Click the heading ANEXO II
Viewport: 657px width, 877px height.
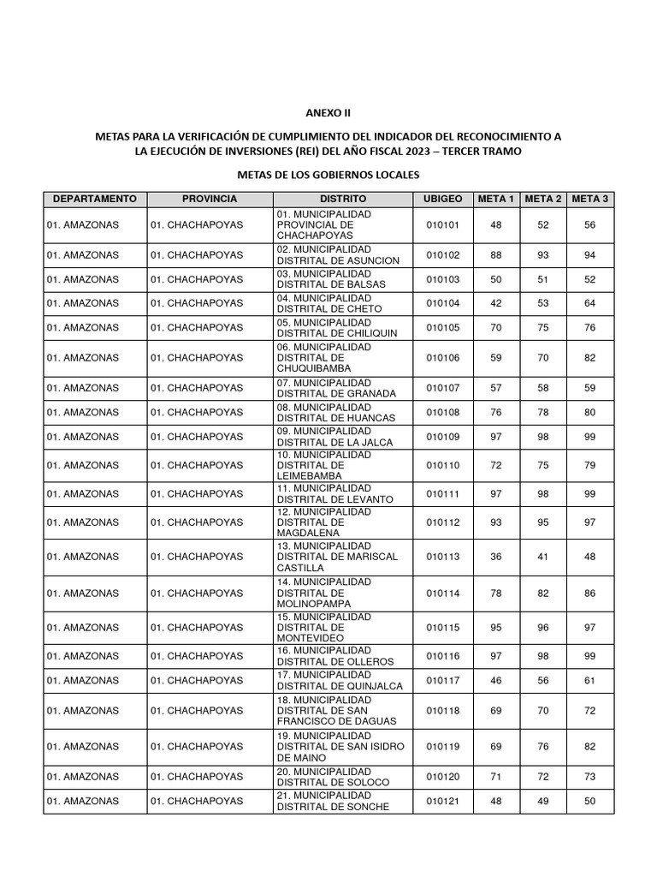(328, 112)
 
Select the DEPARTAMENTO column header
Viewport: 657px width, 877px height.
(95, 199)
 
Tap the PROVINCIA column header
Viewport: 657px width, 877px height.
(210, 199)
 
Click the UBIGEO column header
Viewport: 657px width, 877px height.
(442, 199)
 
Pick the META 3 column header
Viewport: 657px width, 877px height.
(589, 199)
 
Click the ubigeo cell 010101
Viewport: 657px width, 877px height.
(442, 224)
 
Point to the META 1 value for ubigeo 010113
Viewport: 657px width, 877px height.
(496, 557)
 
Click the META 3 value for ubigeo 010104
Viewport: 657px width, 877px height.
(589, 302)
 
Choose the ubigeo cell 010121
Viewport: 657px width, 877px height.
(442, 802)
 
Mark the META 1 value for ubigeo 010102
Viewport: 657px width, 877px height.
(496, 254)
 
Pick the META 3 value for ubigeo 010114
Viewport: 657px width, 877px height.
(589, 592)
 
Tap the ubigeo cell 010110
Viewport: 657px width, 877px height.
(442, 464)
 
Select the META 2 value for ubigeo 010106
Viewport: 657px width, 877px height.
(543, 358)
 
